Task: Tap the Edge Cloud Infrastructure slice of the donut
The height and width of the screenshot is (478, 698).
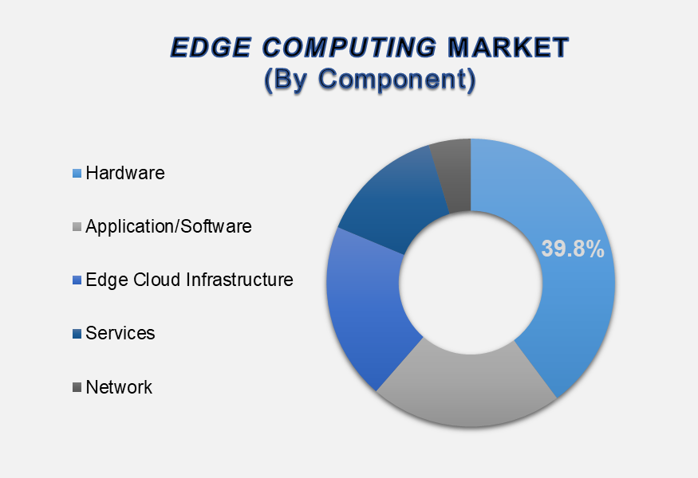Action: (x=365, y=307)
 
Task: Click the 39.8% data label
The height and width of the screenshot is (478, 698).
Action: (x=573, y=249)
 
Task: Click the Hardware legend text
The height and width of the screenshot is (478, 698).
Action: (x=125, y=173)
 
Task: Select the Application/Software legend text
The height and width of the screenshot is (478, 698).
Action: (x=168, y=226)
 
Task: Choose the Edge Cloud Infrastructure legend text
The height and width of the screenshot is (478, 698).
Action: (x=189, y=280)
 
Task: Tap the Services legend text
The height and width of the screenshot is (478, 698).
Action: (x=120, y=333)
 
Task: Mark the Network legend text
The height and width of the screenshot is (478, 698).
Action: (x=119, y=387)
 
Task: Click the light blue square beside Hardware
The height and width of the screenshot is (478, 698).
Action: (x=77, y=174)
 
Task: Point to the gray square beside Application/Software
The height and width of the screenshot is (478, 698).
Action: (x=77, y=227)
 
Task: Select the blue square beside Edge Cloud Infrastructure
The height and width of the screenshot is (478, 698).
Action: (x=77, y=280)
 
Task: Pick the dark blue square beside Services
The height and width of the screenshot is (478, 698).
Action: (x=77, y=334)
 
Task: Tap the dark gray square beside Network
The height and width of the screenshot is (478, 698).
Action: (x=77, y=387)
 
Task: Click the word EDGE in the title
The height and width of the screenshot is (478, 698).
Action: (x=211, y=47)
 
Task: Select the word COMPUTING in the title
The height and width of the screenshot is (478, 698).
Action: (x=349, y=47)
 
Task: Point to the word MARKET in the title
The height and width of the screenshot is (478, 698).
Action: (x=508, y=47)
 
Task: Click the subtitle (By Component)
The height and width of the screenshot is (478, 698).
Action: (x=370, y=79)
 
